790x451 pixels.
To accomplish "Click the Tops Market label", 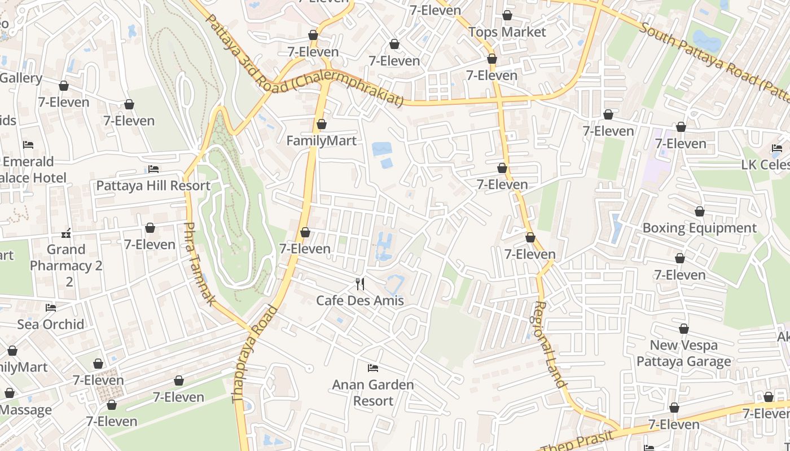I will pos(507,32).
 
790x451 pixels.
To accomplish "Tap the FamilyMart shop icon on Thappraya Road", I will pos(322,124).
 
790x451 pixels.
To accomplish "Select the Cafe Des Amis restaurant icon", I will pos(360,284).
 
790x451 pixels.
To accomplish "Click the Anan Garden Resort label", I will pos(372,393).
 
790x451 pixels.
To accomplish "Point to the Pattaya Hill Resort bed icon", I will pos(153,169).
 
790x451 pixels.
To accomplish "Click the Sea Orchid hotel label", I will pos(51,324).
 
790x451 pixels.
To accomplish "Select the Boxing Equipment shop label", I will pos(699,228).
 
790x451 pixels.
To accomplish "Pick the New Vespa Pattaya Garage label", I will pos(683,353).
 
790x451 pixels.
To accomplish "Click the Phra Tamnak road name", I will pos(199,264).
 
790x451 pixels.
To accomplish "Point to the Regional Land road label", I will pos(549,344).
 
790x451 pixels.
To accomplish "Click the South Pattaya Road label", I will pos(714,57).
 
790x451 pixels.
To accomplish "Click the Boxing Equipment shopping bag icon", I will pos(700,212).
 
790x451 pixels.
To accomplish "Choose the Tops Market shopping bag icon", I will pos(507,16).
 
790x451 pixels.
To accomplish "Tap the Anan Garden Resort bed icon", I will pos(372,368).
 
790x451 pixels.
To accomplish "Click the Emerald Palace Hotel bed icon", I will pos(28,145).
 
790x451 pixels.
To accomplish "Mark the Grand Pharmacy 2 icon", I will pos(66,233).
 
